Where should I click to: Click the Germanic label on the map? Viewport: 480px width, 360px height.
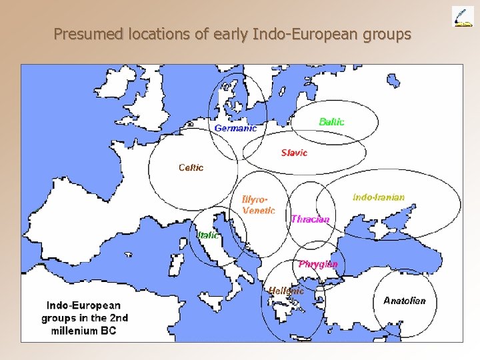[x=235, y=128]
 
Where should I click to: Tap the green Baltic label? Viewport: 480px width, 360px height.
[x=331, y=121]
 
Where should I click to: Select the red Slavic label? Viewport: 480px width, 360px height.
[x=294, y=153]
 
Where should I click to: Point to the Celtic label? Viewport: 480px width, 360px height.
[x=191, y=167]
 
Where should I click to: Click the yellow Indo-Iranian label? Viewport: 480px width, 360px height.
[x=378, y=197]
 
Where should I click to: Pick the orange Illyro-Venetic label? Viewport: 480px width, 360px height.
[x=258, y=205]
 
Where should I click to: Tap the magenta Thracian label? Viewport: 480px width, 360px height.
[x=310, y=219]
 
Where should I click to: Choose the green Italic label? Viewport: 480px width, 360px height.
[x=207, y=235]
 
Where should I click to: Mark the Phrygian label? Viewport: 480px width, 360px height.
[x=318, y=264]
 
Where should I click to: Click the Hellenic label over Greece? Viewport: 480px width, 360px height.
[x=286, y=291]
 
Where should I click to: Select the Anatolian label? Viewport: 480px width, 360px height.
[x=404, y=301]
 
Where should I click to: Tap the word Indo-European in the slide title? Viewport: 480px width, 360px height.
[x=298, y=33]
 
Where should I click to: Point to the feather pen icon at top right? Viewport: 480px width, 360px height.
[x=462, y=16]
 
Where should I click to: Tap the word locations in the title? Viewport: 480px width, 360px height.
[x=155, y=33]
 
